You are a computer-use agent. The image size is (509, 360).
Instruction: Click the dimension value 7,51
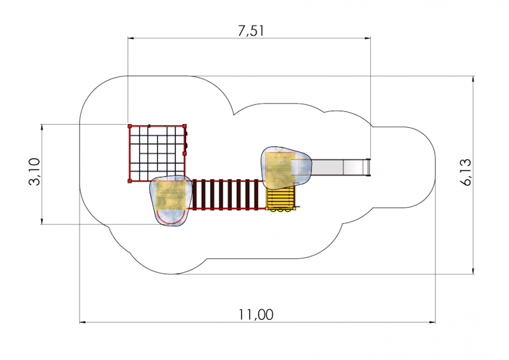click(x=251, y=31)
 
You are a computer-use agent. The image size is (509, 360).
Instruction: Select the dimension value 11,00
click(x=256, y=315)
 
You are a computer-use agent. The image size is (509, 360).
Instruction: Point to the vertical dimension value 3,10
click(x=35, y=171)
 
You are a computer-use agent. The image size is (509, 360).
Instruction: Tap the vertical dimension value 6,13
click(x=466, y=172)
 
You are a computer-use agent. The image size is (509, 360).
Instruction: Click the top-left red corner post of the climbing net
click(x=130, y=126)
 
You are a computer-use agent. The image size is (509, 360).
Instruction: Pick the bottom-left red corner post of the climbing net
click(x=130, y=181)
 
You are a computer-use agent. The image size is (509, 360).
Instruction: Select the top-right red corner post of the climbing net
click(x=185, y=126)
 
